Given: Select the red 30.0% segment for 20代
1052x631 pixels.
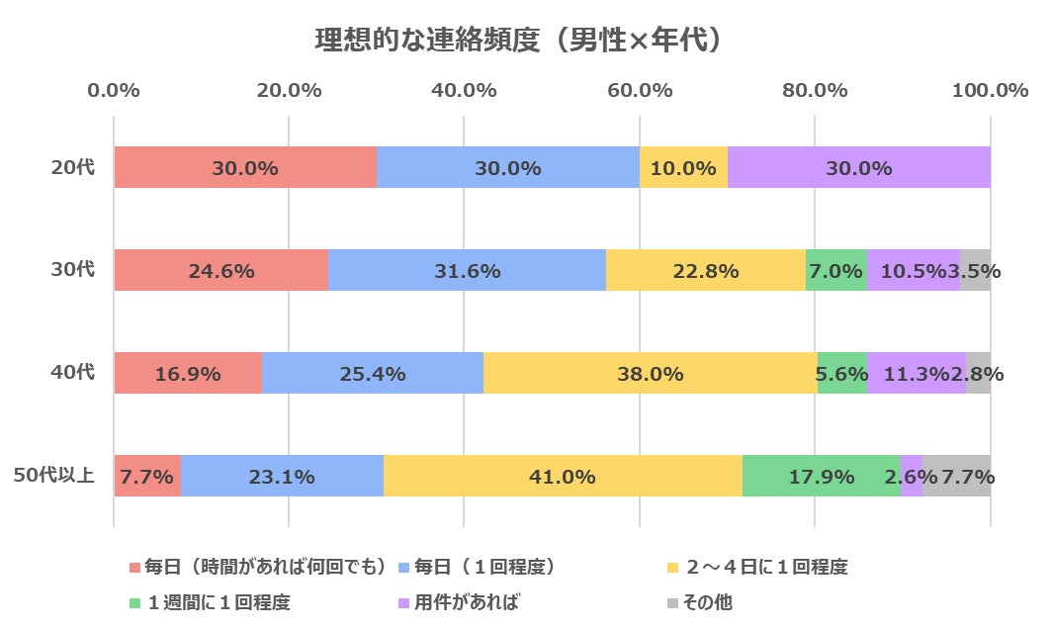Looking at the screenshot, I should pyautogui.click(x=245, y=167).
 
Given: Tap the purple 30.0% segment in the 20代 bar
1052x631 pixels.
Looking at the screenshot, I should pyautogui.click(x=859, y=167).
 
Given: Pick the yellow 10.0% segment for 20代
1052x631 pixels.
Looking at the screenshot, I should pyautogui.click(x=683, y=167).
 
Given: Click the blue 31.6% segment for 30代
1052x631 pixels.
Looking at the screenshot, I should pyautogui.click(x=467, y=270).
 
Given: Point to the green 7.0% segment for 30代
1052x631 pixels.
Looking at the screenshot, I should pyautogui.click(x=836, y=270).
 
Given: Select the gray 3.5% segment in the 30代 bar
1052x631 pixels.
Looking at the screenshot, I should pyautogui.click(x=976, y=270).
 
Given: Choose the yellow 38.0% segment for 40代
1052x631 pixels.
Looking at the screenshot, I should pyautogui.click(x=651, y=373).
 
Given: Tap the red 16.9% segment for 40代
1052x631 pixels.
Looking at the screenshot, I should pyautogui.click(x=188, y=373).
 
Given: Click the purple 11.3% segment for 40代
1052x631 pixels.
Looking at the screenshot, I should pyautogui.click(x=917, y=373).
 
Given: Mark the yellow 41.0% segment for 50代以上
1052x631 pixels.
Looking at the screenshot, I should pyautogui.click(x=563, y=476).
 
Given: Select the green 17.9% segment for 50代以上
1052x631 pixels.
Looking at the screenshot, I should pyautogui.click(x=822, y=476).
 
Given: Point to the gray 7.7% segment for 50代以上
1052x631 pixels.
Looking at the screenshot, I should pyautogui.click(x=957, y=476).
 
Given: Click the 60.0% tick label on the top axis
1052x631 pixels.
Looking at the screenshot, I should pyautogui.click(x=640, y=90).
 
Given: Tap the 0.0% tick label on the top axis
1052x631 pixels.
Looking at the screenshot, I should pyautogui.click(x=114, y=90).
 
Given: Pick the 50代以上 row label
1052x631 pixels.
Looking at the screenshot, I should pyautogui.click(x=54, y=476).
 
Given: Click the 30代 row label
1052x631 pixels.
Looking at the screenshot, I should pyautogui.click(x=73, y=270).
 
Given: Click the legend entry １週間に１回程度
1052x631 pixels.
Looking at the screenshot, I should pyautogui.click(x=218, y=601).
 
